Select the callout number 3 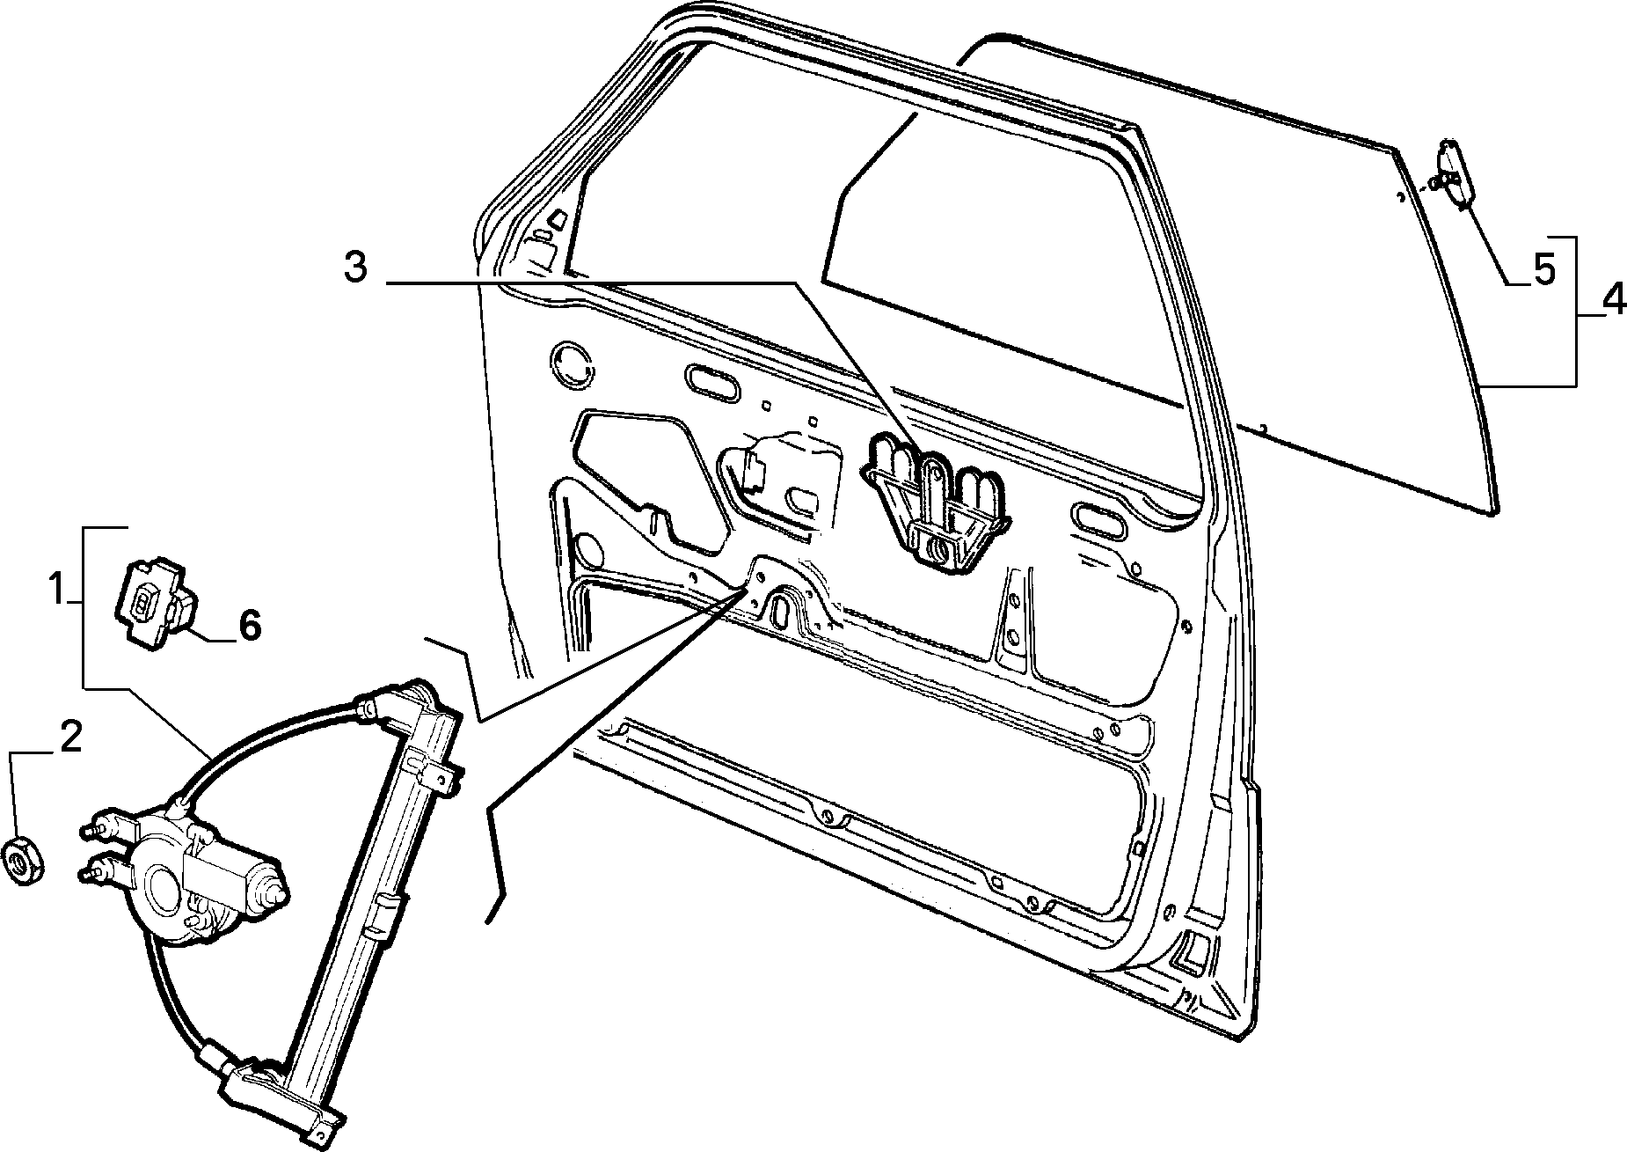tap(355, 267)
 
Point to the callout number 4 tap(1613, 301)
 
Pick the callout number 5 tap(1544, 270)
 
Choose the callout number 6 tap(250, 626)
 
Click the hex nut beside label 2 tap(22, 861)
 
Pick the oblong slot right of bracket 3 tap(1098, 522)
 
